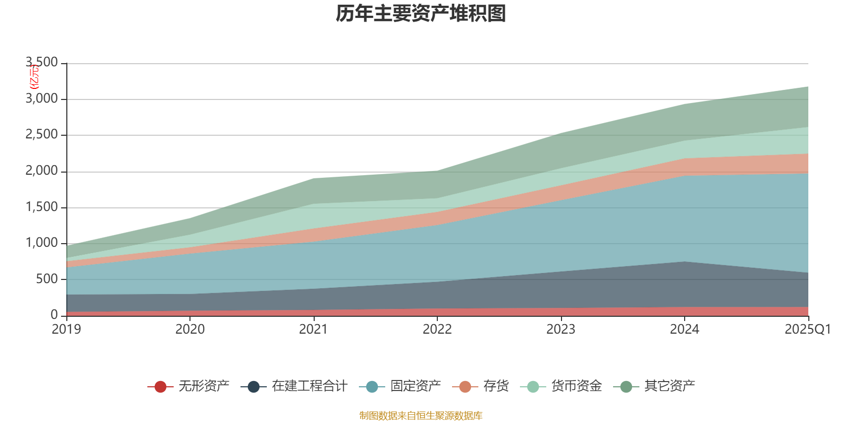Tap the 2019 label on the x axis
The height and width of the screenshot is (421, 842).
66,329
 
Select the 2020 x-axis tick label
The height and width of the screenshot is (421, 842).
190,329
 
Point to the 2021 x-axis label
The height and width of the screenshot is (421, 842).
314,329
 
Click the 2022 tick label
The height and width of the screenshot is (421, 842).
437,329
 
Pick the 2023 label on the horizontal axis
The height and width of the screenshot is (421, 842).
561,329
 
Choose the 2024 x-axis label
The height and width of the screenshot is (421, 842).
684,329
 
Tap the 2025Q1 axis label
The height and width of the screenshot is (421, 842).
807,329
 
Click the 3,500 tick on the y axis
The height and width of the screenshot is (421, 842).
42,63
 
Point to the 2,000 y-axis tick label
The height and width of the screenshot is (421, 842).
42,171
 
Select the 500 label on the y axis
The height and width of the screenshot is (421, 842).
47,279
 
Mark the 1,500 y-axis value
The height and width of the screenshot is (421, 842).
42,207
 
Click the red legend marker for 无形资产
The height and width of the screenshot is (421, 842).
161,387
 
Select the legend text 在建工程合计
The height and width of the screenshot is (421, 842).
309,386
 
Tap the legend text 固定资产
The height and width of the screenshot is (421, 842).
416,386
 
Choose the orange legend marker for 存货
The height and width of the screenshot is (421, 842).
465,387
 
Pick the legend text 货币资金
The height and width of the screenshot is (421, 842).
576,386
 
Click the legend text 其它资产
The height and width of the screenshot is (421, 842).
669,386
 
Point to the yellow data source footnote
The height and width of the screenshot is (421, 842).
421,416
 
